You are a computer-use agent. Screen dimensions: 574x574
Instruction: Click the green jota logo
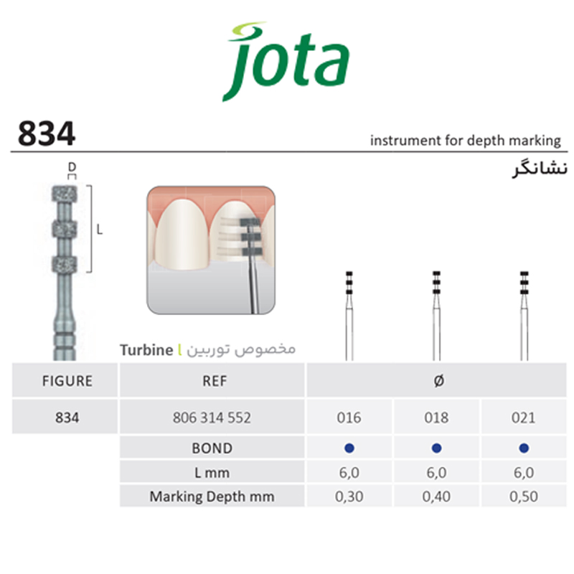286,62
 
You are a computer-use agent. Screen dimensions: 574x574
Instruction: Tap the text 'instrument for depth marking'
464,140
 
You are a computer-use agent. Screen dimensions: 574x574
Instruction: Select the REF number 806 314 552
212,418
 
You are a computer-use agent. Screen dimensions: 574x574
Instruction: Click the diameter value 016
349,418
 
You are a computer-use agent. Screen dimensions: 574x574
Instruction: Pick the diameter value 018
436,418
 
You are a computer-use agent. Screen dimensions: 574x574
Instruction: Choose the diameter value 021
524,418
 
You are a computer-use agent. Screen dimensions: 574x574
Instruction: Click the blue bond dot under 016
349,448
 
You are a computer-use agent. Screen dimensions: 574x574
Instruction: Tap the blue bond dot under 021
524,448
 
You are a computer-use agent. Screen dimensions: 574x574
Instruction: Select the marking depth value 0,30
349,496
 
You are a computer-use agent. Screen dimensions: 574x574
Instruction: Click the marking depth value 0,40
436,496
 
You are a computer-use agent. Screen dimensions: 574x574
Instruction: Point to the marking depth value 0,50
524,496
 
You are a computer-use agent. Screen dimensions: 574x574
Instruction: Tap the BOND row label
212,448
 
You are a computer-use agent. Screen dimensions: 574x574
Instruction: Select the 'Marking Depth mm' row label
212,496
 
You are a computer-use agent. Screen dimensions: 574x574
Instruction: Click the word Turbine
145,350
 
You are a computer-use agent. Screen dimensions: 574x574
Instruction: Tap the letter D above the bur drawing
72,167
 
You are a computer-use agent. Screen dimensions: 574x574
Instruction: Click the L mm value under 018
436,472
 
